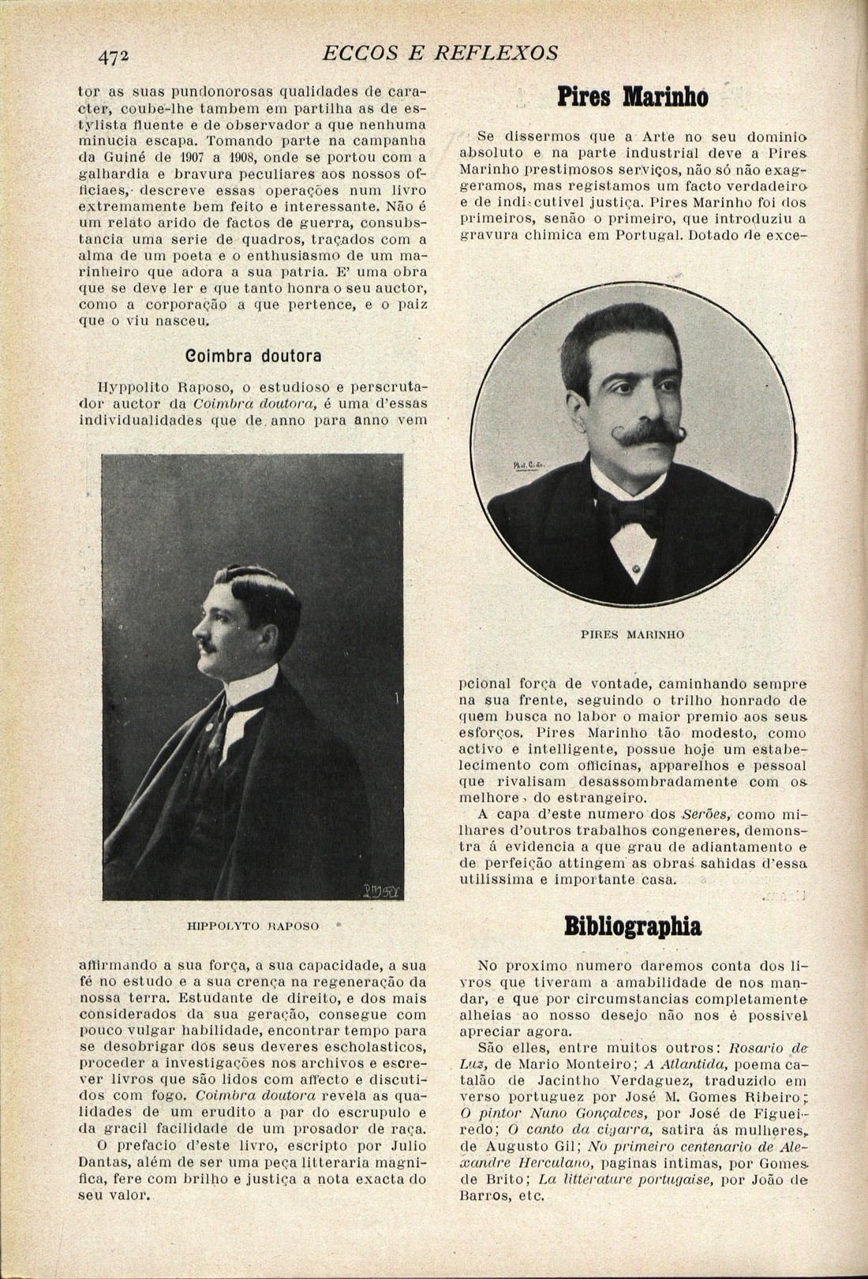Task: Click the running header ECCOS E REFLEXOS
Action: click(x=441, y=53)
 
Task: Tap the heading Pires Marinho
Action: click(x=632, y=98)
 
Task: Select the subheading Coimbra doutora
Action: click(x=253, y=356)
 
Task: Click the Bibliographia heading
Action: click(x=633, y=926)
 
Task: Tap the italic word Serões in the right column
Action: click(x=705, y=814)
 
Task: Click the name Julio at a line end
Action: click(x=409, y=1146)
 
